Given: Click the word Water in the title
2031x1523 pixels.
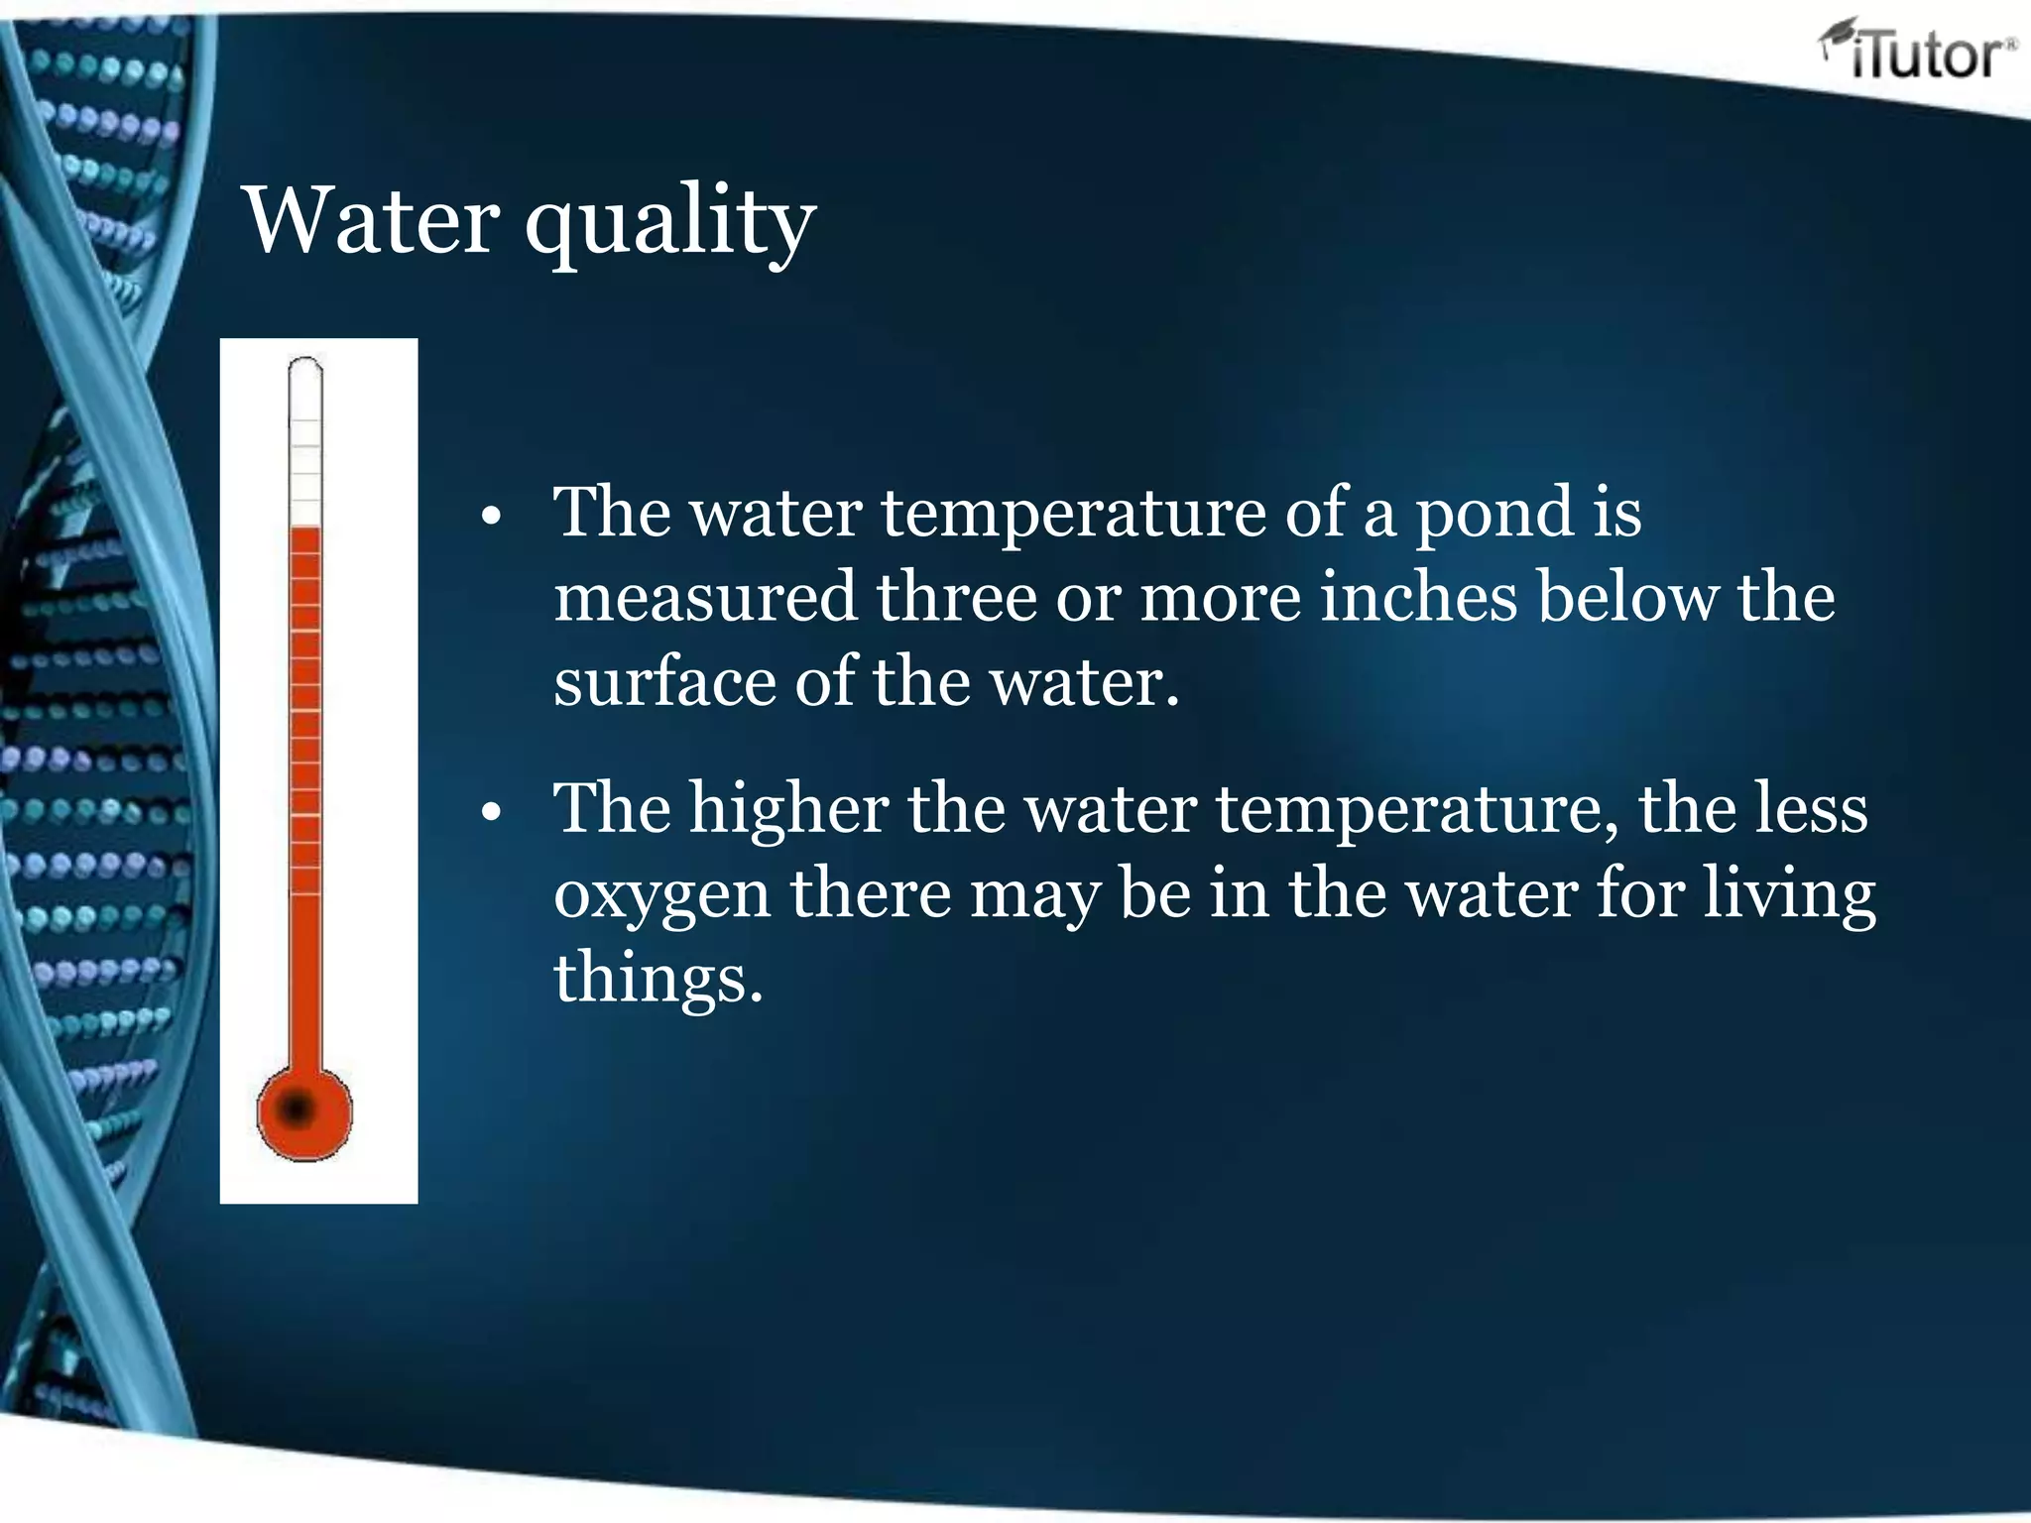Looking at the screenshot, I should (x=371, y=220).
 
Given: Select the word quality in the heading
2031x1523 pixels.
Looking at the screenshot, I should (x=670, y=224).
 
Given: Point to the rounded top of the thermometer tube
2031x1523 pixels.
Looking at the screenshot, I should (x=305, y=369).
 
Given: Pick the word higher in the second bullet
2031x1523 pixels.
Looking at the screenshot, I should (x=788, y=809).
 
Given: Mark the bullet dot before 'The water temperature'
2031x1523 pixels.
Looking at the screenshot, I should (x=491, y=517).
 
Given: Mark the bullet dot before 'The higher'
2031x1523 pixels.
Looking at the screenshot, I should (x=491, y=812).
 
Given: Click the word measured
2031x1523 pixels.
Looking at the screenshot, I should (x=704, y=597).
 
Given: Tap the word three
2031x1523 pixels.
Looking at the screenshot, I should (x=954, y=597).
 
